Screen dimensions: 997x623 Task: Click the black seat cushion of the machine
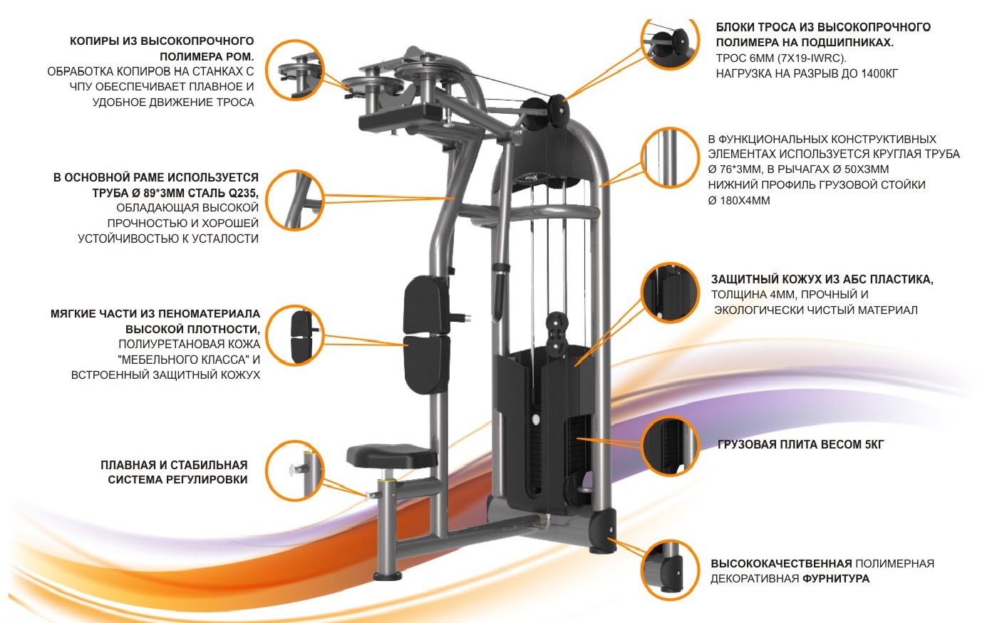pos(391,456)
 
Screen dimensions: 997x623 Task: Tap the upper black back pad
pos(426,305)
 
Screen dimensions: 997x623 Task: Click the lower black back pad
pos(426,365)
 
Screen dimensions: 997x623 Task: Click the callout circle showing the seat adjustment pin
pos(295,471)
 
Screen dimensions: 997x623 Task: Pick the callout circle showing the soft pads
pos(295,335)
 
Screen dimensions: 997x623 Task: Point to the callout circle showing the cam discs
pos(295,70)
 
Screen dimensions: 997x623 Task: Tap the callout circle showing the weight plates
pos(670,445)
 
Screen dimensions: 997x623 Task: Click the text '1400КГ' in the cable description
pos(879,74)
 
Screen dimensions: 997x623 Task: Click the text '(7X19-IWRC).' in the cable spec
pos(812,58)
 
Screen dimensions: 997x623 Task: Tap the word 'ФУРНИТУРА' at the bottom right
pos(836,579)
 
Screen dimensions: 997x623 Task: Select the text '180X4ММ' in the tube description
pos(745,201)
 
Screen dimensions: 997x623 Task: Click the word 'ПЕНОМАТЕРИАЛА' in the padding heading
pos(210,314)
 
